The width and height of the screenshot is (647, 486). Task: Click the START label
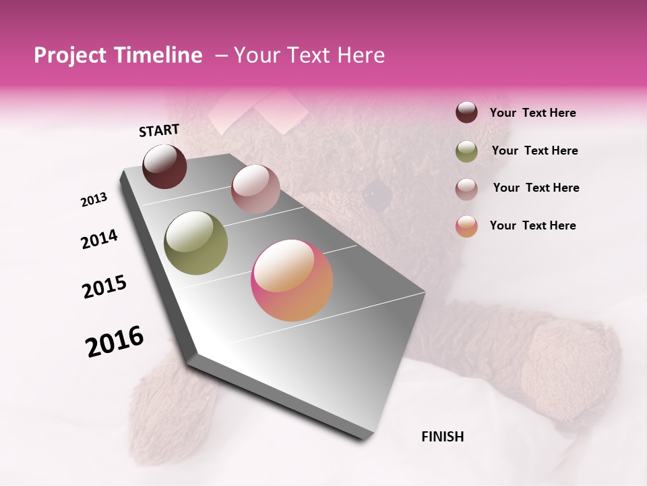click(x=159, y=130)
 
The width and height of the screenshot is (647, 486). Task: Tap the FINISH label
click(x=443, y=437)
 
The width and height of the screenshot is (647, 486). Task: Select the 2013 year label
click(x=94, y=200)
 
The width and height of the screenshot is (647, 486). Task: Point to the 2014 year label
click(x=100, y=240)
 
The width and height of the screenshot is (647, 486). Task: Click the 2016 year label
click(x=115, y=342)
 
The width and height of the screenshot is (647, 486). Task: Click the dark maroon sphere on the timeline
click(x=164, y=166)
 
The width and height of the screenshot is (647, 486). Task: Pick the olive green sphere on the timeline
click(x=196, y=243)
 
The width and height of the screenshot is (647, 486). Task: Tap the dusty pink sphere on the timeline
click(x=255, y=189)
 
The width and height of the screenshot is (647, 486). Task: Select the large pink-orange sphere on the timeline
click(x=292, y=280)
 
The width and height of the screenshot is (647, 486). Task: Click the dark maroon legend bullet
click(x=466, y=113)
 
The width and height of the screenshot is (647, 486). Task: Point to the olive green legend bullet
click(x=466, y=151)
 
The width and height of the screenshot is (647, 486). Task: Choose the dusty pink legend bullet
click(x=466, y=189)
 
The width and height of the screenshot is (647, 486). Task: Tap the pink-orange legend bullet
click(x=466, y=226)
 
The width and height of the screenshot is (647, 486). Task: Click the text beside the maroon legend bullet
click(x=533, y=113)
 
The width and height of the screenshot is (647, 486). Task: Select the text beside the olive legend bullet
click(x=535, y=151)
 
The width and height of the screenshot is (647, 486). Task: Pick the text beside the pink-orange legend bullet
click(x=533, y=225)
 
